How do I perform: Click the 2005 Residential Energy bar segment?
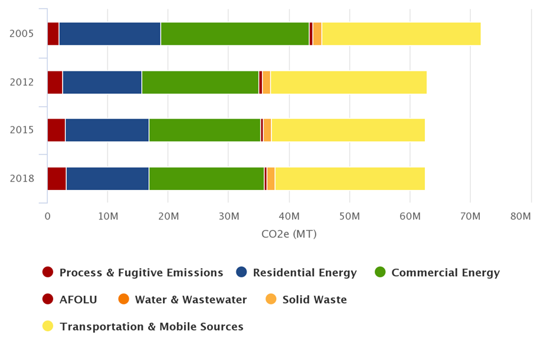pyautogui.click(x=110, y=34)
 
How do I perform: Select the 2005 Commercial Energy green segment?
pyautogui.click(x=235, y=34)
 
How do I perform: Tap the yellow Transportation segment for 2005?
pyautogui.click(x=401, y=34)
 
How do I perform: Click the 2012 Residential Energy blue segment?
pyautogui.click(x=102, y=82)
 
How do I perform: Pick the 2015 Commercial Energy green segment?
pyautogui.click(x=204, y=130)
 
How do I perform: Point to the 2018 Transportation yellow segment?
pyautogui.click(x=350, y=178)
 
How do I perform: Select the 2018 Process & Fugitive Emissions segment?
pyautogui.click(x=57, y=178)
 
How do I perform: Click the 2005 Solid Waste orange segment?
pyautogui.click(x=317, y=34)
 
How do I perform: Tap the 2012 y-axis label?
pyautogui.click(x=21, y=82)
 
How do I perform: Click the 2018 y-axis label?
pyautogui.click(x=21, y=178)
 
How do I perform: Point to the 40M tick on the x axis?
pyautogui.click(x=290, y=217)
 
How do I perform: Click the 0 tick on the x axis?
pyautogui.click(x=47, y=217)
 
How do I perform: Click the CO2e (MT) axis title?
pyautogui.click(x=289, y=234)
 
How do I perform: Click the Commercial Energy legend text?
pyautogui.click(x=445, y=273)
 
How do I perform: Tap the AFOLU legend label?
pyautogui.click(x=78, y=300)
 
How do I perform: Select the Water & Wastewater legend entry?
pyautogui.click(x=191, y=300)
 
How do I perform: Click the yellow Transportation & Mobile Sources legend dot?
pyautogui.click(x=48, y=326)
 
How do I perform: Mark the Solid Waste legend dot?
pyautogui.click(x=271, y=300)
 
